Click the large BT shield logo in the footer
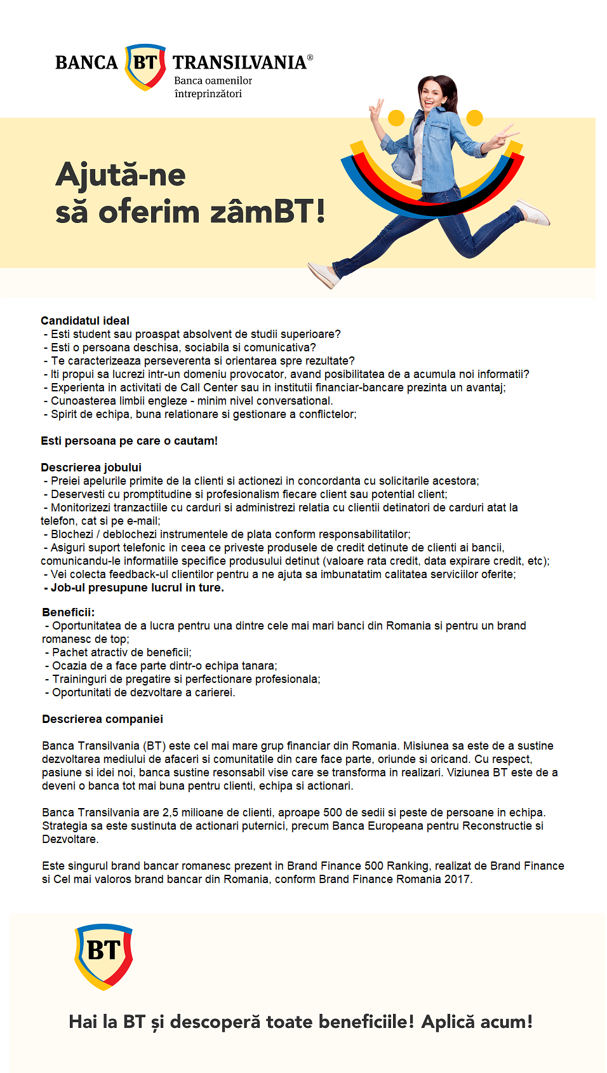point(103,955)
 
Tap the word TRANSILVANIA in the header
point(239,62)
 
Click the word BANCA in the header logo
point(86,62)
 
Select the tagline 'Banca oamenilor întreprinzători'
point(213,87)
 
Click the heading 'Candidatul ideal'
point(85,321)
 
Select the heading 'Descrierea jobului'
point(91,468)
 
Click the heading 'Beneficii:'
point(68,612)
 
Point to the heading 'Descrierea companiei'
point(102,719)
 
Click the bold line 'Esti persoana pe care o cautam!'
point(129,441)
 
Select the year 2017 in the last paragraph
point(458,879)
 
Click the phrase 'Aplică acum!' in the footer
point(477,1022)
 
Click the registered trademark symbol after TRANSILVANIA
point(310,57)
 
